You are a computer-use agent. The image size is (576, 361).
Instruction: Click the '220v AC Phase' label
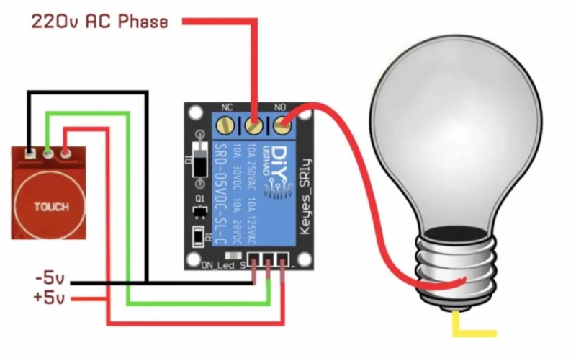point(99,22)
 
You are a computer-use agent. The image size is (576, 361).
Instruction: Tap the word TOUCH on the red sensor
point(51,207)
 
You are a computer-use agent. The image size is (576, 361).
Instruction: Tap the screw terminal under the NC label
point(227,126)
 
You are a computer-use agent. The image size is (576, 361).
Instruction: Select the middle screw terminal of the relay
point(254,126)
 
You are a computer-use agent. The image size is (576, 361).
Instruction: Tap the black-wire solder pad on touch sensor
point(30,153)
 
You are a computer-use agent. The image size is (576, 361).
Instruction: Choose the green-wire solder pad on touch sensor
point(48,152)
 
